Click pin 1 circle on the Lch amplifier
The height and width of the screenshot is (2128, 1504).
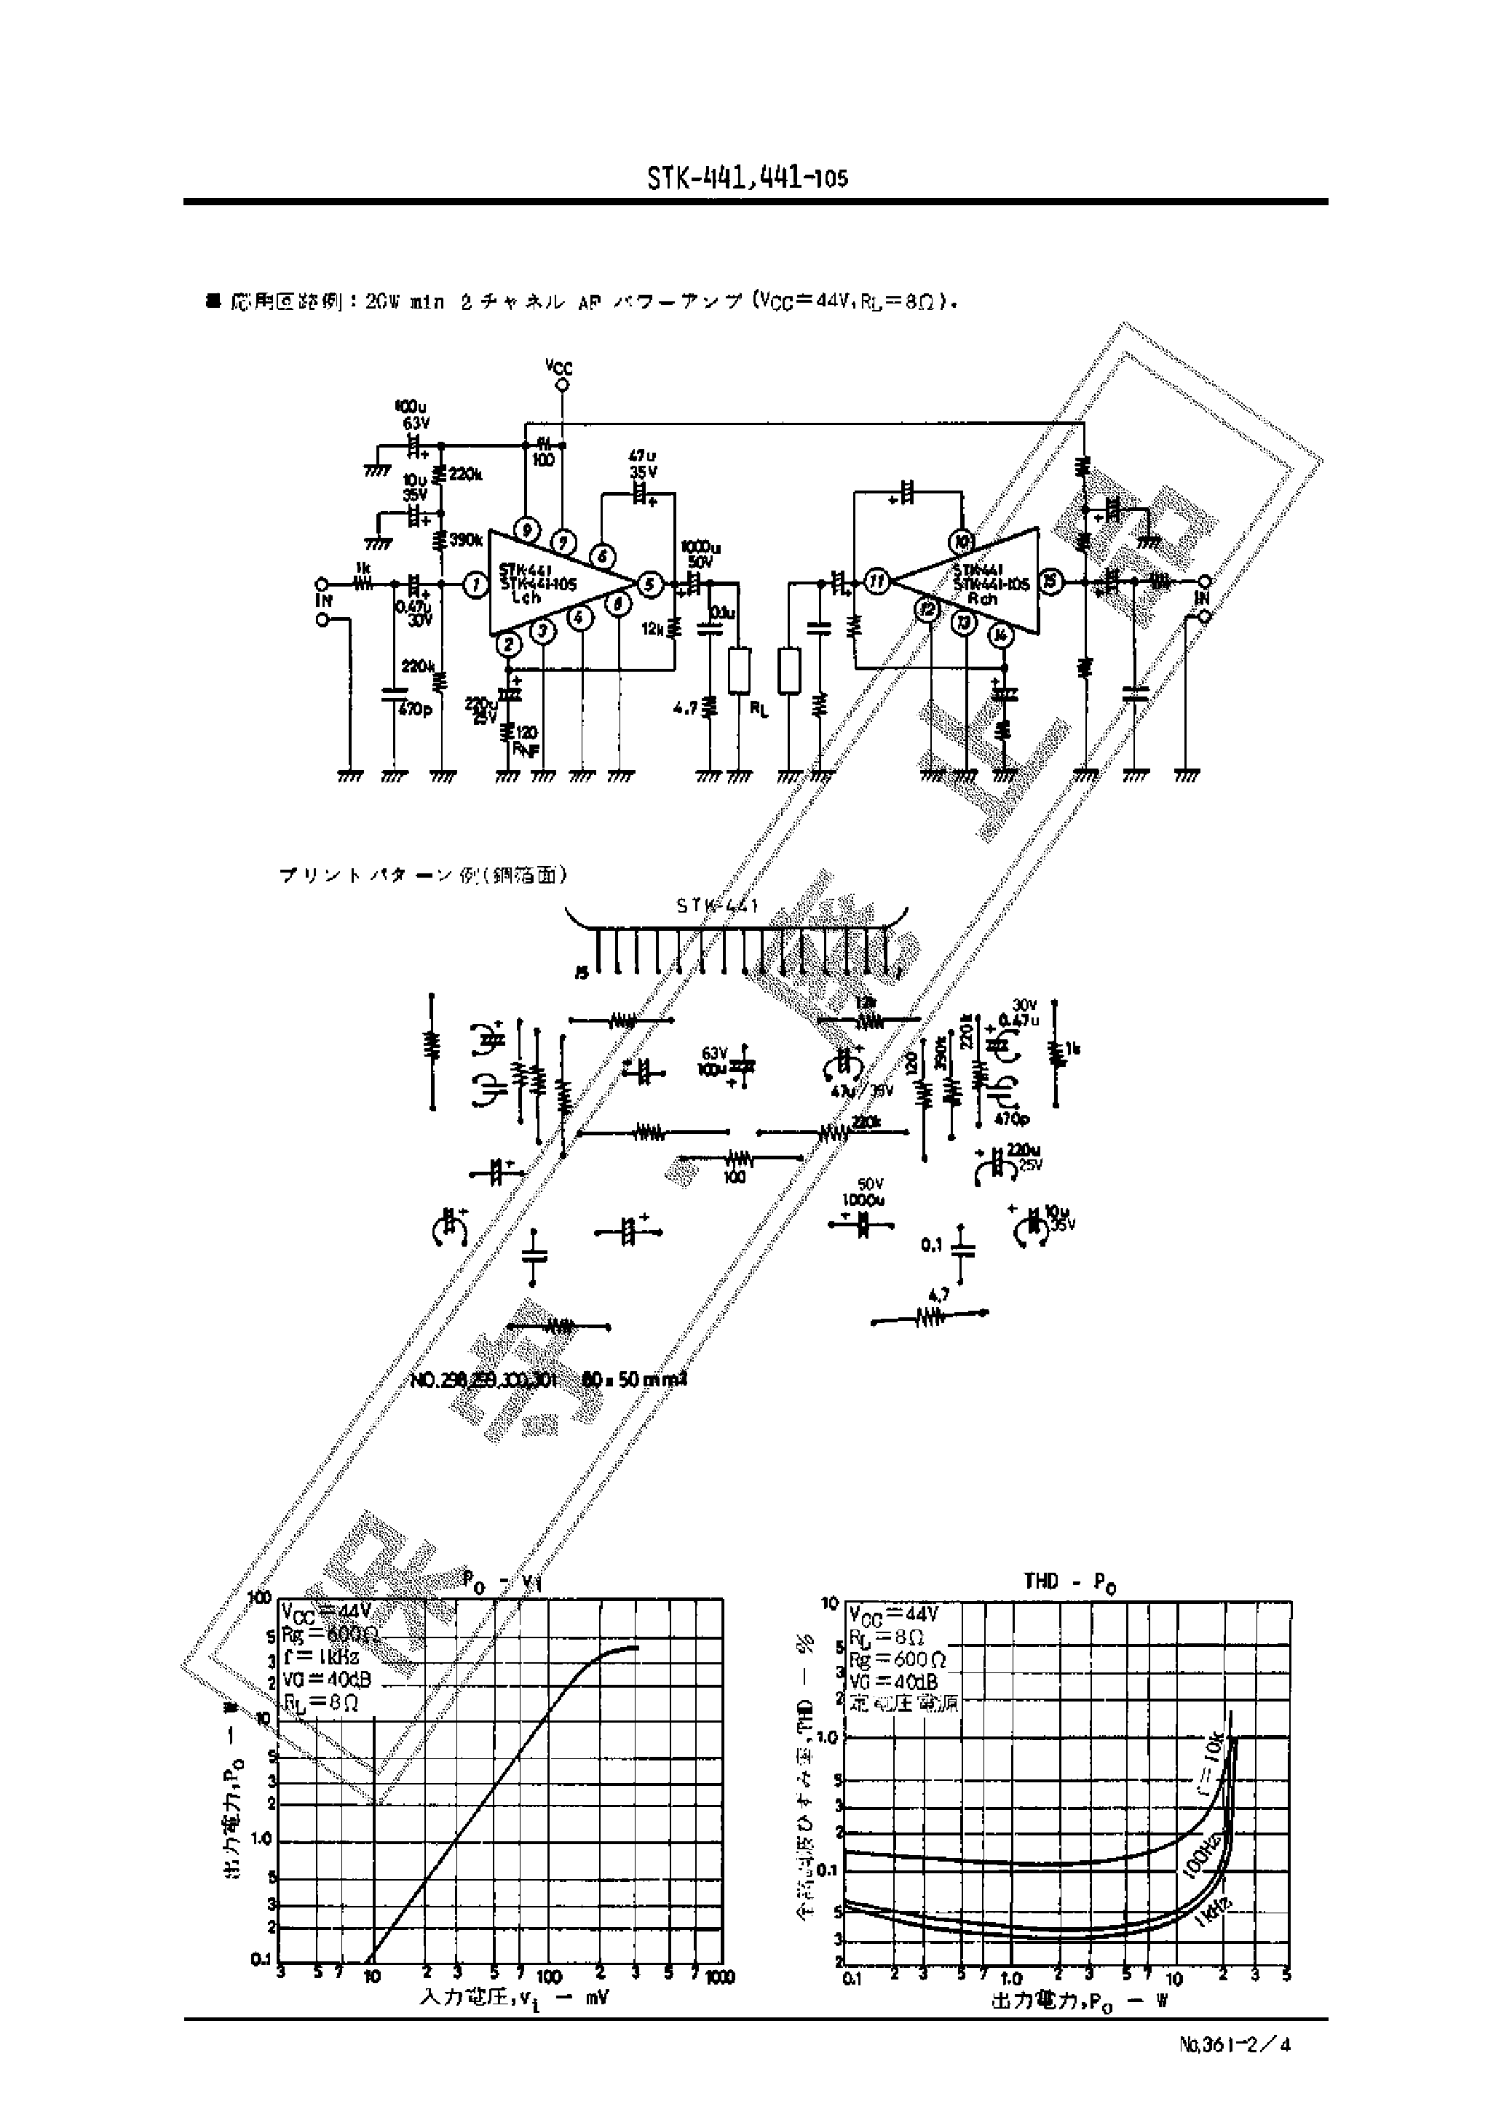point(475,585)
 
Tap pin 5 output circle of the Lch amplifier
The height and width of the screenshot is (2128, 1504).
point(650,584)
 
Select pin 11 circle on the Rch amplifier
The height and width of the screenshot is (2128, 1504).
point(876,582)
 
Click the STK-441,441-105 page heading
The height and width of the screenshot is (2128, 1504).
point(748,177)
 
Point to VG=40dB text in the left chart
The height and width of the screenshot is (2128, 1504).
point(320,1682)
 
